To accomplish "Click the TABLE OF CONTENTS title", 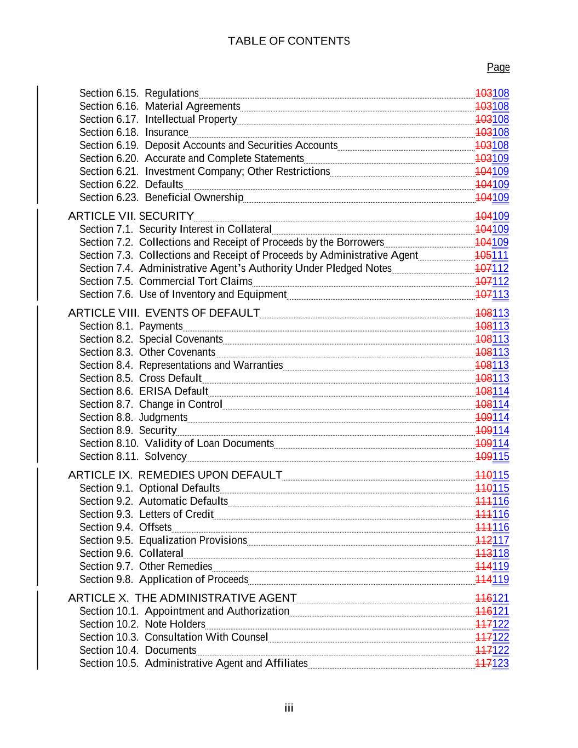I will [x=289, y=41].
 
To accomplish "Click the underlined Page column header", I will [x=498, y=67].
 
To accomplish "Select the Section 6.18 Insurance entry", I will [x=134, y=133].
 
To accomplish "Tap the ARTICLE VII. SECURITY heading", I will [x=130, y=216].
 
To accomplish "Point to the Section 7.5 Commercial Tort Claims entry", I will [x=166, y=282].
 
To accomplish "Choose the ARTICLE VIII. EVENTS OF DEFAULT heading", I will [x=164, y=313].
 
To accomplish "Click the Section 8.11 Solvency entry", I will [x=133, y=456].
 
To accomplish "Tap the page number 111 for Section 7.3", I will [x=501, y=255].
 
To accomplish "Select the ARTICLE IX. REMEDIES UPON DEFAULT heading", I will [x=175, y=475].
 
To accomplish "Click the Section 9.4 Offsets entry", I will [x=125, y=527].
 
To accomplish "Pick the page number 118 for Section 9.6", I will [x=501, y=553].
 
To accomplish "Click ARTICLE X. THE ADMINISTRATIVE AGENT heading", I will [x=182, y=598].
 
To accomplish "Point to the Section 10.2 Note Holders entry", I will [x=142, y=624].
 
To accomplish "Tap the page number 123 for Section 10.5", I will [x=501, y=664].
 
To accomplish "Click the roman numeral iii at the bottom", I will [x=289, y=709].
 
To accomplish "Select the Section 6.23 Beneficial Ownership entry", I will [x=162, y=198].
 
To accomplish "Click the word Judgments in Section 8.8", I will [x=163, y=418].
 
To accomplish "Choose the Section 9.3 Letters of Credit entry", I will [x=146, y=515].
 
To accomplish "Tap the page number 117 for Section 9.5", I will [x=501, y=540].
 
